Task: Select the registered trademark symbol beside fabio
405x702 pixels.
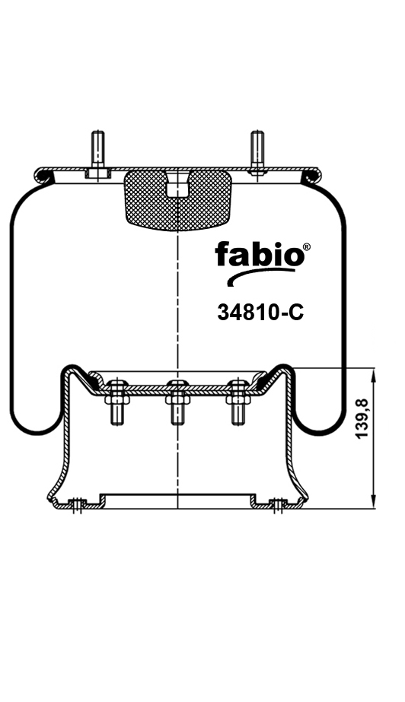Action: [306, 247]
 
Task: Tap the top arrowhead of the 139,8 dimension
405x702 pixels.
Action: [374, 373]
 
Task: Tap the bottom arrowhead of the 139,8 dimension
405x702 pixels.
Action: [374, 501]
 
